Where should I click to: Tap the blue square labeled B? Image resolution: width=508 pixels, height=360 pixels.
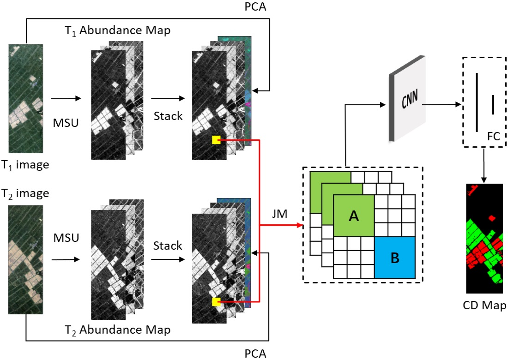395,258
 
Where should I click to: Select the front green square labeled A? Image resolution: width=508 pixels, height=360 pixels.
353,216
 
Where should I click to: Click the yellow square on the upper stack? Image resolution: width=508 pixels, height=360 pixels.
216,139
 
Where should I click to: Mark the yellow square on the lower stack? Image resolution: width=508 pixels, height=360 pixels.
216,302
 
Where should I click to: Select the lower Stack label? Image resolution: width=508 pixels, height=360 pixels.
168,246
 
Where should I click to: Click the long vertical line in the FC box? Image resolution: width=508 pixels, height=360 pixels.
476,102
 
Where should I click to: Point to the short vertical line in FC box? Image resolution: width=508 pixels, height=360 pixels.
493,104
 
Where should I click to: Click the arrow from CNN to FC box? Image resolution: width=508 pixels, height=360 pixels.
443,105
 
